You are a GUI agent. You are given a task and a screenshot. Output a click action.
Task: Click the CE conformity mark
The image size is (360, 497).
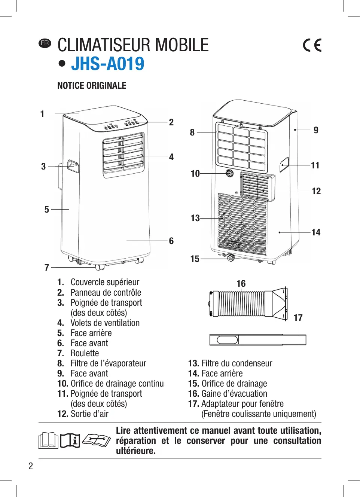tap(312, 45)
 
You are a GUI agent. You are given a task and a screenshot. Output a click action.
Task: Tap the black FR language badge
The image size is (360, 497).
tap(45, 43)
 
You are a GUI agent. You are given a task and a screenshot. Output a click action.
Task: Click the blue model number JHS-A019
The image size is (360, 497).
tap(107, 64)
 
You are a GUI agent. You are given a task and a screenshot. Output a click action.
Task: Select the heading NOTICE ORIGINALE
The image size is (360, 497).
tap(92, 86)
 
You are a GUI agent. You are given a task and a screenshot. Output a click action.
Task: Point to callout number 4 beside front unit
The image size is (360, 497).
tap(171, 157)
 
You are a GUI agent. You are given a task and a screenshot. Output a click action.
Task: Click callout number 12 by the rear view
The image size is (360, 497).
tap(316, 191)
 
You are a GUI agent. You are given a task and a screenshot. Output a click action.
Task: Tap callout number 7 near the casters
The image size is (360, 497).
tap(47, 267)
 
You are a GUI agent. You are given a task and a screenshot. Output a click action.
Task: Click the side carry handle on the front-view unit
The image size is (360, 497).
tap(73, 166)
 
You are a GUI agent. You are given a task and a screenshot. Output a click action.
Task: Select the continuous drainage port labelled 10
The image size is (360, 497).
tap(229, 173)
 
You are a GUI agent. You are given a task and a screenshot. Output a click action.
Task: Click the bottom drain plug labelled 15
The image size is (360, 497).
tap(231, 257)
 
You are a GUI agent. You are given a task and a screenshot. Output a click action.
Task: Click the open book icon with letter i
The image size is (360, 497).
tap(70, 440)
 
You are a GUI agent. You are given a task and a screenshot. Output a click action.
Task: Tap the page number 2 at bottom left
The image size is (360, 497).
tap(31, 466)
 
